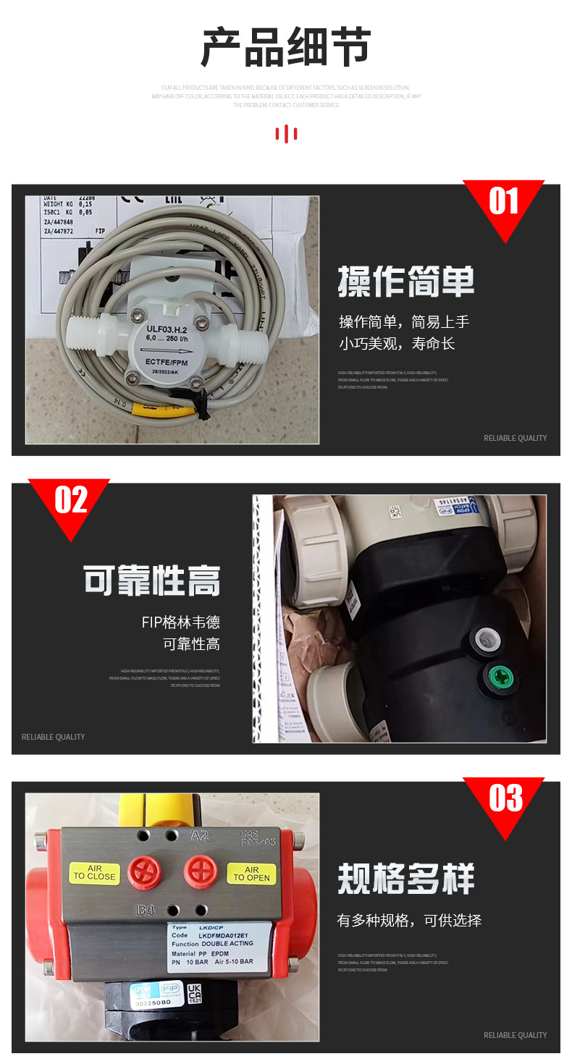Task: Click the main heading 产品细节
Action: (x=286, y=48)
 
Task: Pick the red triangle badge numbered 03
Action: (x=503, y=801)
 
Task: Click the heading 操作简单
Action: (x=405, y=282)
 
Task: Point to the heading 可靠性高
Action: (x=151, y=581)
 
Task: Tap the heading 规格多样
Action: (x=405, y=879)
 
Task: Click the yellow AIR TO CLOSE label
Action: (x=94, y=873)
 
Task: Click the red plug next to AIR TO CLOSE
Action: (x=144, y=872)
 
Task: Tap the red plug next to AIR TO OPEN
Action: (x=201, y=871)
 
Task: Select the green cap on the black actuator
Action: (x=499, y=677)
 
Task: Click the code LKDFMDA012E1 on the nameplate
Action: (x=221, y=935)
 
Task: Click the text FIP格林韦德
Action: (x=180, y=622)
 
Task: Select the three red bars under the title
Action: (x=286, y=134)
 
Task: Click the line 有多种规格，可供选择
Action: (x=409, y=921)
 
